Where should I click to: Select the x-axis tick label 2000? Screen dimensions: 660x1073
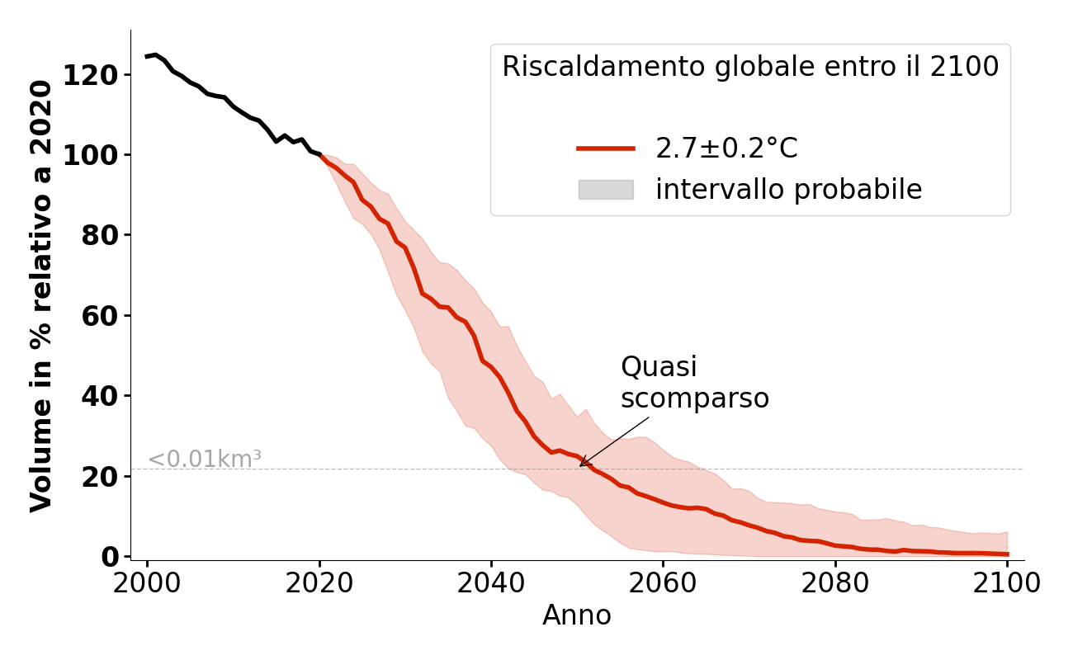click(x=147, y=582)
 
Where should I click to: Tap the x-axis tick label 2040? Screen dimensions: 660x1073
click(x=491, y=582)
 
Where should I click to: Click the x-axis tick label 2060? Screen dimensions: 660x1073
click(x=663, y=582)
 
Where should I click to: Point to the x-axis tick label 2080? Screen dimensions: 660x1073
click(x=834, y=582)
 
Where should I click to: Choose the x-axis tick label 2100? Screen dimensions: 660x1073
click(x=1006, y=582)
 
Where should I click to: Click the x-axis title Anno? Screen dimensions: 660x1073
click(x=577, y=615)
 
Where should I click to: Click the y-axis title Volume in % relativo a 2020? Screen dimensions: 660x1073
click(x=42, y=295)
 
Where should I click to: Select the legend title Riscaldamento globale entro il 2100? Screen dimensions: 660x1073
click(x=750, y=67)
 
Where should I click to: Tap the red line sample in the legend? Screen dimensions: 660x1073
click(x=606, y=148)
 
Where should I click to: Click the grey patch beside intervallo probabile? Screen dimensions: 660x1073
click(x=606, y=190)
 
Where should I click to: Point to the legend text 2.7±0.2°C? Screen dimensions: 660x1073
click(x=726, y=148)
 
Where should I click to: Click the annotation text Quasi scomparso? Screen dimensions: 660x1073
click(x=694, y=383)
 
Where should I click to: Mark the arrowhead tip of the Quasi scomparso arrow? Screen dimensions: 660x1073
click(x=579, y=466)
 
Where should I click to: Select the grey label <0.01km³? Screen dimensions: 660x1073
click(x=204, y=460)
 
